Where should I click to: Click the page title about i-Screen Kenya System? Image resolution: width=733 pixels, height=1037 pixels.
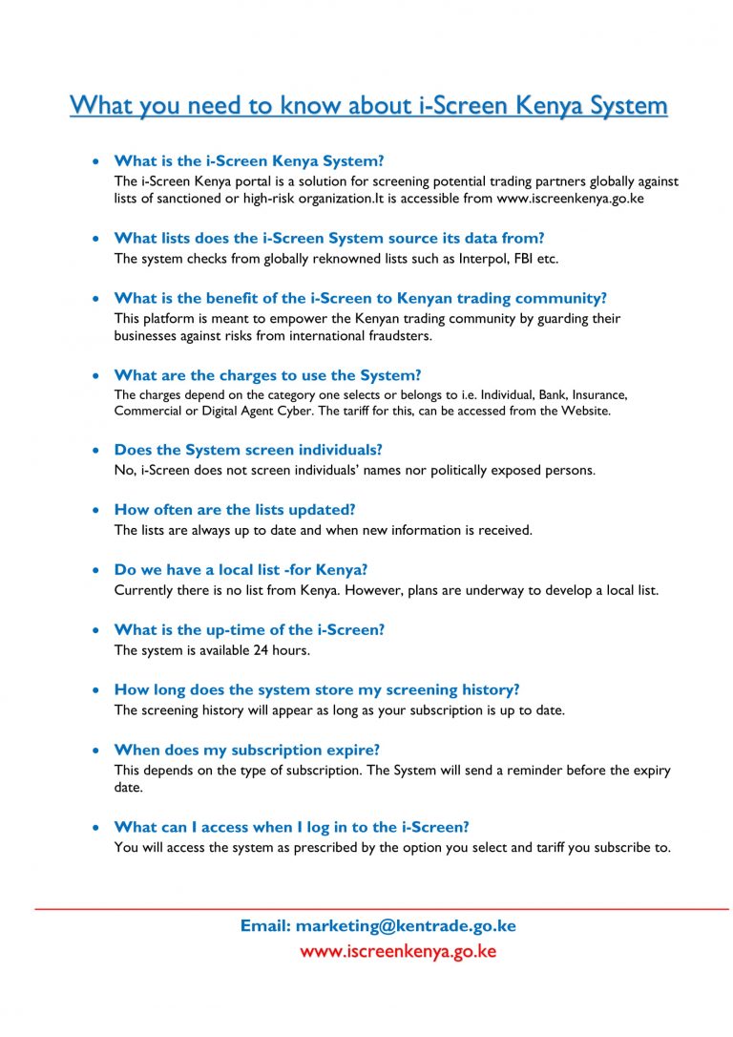coord(368,104)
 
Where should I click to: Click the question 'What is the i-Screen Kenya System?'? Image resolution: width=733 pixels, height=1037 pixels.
coord(248,160)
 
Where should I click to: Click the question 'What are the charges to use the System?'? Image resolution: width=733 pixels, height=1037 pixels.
coord(267,375)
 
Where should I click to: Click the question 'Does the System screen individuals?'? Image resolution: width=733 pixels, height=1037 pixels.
coord(247,450)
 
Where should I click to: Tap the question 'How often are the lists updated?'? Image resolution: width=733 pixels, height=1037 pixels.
coord(234,510)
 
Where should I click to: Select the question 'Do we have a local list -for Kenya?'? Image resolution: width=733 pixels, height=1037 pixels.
coord(241,570)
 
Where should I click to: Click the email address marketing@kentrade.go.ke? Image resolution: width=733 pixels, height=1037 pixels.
coord(406,925)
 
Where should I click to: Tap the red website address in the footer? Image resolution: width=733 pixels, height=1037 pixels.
coord(398,952)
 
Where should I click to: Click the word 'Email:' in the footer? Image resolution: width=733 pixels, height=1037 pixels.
coord(265,925)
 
